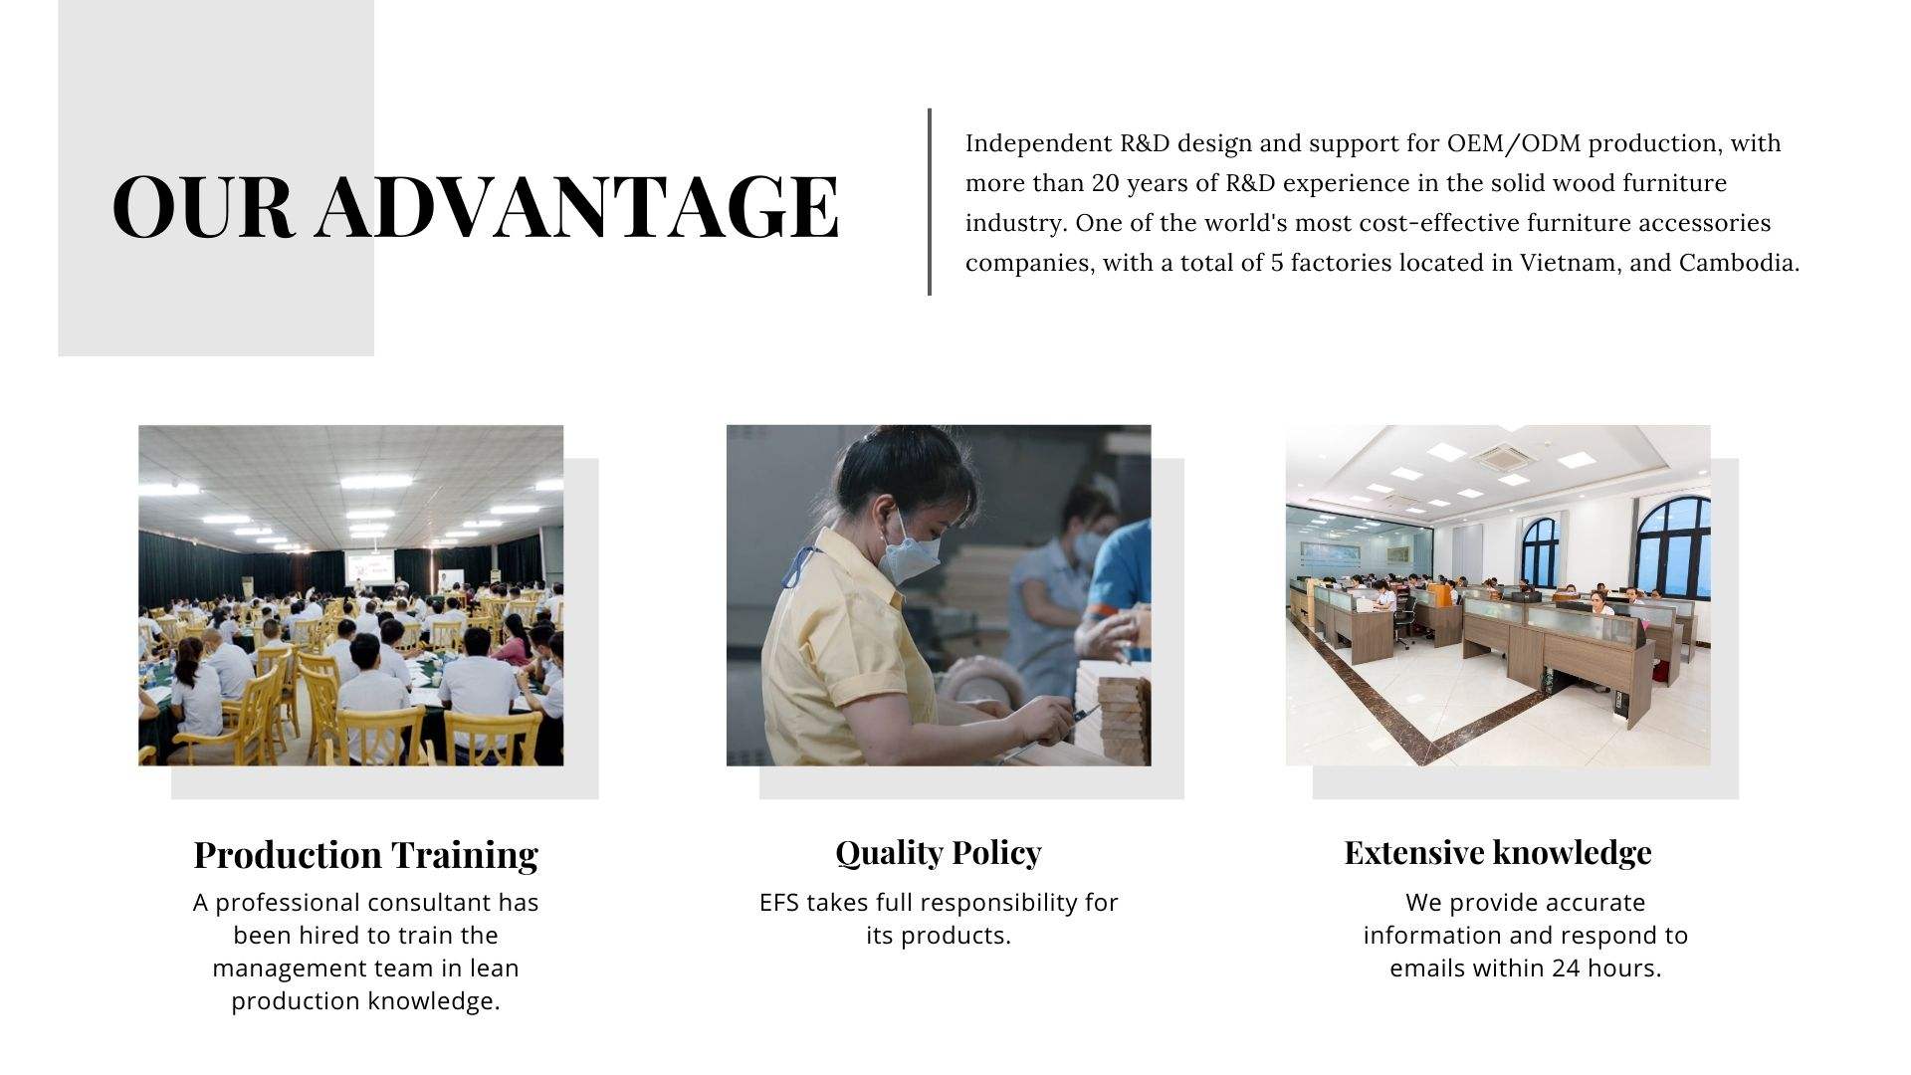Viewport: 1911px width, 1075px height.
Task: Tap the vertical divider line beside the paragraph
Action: coord(930,202)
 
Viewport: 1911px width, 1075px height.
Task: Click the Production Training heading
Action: coord(365,854)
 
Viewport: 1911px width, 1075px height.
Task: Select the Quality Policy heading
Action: coord(939,852)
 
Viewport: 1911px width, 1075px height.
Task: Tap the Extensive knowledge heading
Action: coord(1498,852)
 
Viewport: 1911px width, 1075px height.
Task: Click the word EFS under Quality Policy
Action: coord(779,903)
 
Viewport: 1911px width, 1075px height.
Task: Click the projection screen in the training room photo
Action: coord(365,568)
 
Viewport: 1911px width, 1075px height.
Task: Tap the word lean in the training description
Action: coord(496,968)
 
